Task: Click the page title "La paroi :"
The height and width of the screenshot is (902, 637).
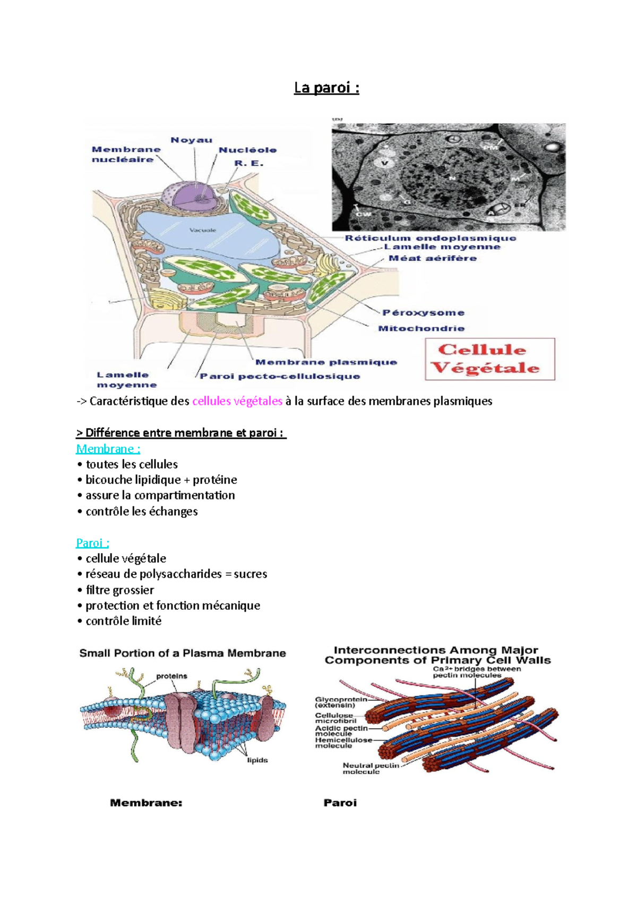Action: pos(326,88)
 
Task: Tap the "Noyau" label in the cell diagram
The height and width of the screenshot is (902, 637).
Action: pos(191,140)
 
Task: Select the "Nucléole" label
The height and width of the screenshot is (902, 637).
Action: pos(247,150)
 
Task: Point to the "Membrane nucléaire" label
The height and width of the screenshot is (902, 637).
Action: pos(126,155)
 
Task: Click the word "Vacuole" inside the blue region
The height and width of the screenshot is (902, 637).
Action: pos(203,230)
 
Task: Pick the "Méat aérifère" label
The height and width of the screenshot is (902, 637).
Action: pos(433,259)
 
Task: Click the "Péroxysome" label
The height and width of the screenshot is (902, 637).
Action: pos(424,313)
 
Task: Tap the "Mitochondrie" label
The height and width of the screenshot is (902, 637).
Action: pos(421,329)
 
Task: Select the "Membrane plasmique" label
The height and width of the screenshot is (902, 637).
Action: pos(326,362)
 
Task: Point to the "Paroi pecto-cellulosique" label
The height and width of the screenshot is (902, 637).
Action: pos(280,377)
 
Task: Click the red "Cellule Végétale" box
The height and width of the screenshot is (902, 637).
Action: pos(489,359)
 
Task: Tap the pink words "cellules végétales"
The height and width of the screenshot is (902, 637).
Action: pos(237,401)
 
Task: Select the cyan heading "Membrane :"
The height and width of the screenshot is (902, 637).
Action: pos(108,449)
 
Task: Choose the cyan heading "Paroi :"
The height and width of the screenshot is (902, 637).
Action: pos(92,543)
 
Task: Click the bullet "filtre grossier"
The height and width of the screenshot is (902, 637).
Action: pos(120,590)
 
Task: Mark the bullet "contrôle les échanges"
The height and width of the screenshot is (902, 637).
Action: pos(141,512)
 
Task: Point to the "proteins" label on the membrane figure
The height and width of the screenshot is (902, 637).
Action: pos(171,676)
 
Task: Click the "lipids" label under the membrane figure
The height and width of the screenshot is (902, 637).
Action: pos(257,760)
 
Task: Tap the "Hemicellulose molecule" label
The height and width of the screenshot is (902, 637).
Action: pos(343,743)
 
